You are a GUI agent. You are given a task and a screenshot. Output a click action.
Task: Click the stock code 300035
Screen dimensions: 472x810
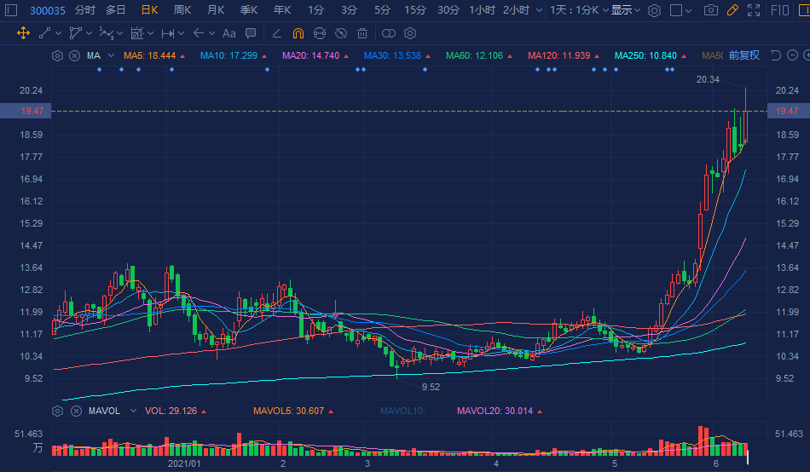[x=48, y=10]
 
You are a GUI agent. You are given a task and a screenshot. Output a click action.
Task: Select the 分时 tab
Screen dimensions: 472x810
[x=85, y=10]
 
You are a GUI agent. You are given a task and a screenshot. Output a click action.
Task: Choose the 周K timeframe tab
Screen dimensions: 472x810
[x=182, y=10]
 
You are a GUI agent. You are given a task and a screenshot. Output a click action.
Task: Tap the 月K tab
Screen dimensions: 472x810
[x=216, y=10]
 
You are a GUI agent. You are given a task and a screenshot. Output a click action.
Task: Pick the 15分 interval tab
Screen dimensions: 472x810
[x=415, y=10]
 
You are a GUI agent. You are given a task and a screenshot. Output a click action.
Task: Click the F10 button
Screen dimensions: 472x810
[x=779, y=10]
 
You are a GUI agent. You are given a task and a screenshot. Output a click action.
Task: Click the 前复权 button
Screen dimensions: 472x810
[x=743, y=55]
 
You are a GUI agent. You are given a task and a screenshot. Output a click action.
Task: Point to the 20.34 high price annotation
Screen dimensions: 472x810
[x=708, y=79]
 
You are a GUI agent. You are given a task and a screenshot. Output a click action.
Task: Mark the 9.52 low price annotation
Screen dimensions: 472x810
[x=431, y=387]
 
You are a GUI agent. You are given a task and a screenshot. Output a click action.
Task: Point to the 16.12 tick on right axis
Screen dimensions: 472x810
[x=788, y=201]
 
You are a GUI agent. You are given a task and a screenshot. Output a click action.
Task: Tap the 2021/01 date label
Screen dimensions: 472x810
[x=185, y=463]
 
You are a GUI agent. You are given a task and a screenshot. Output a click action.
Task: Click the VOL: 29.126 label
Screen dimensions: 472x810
[x=171, y=411]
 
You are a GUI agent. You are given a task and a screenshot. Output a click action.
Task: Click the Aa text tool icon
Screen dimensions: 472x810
[x=229, y=33]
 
